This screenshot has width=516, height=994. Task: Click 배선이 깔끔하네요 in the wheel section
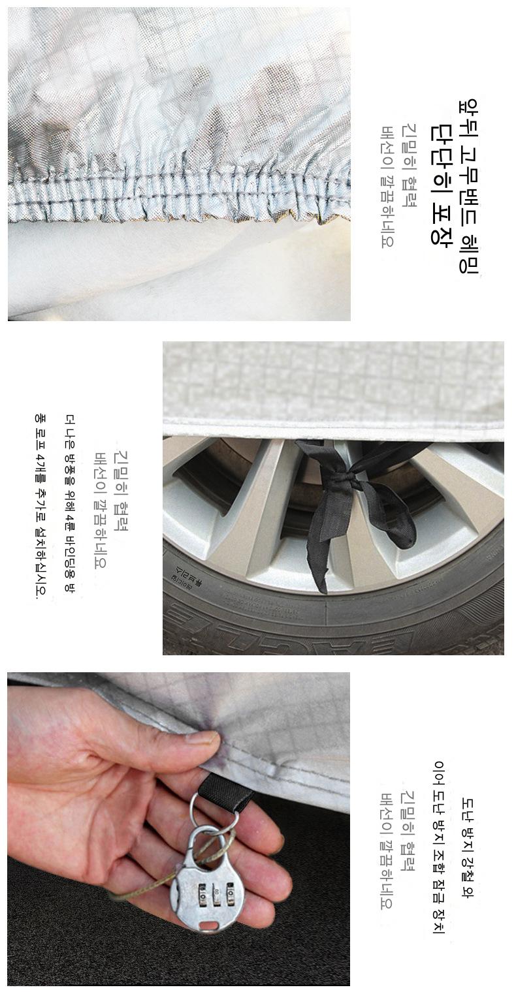point(99,510)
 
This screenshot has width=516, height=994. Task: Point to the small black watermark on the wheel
point(182,577)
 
